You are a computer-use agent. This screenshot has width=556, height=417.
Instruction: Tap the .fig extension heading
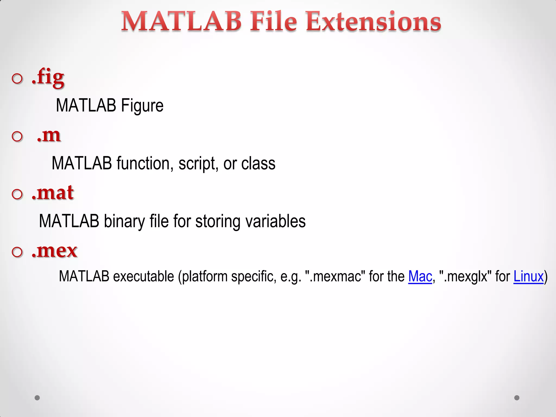tap(48, 77)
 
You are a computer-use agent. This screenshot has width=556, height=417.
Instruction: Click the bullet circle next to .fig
tap(17, 79)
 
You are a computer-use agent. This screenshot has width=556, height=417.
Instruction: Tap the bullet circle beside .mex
tap(17, 252)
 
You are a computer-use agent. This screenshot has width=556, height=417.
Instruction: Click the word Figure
tap(142, 106)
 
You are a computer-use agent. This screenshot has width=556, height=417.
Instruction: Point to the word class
tap(258, 163)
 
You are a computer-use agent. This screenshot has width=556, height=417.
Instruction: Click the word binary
tap(124, 221)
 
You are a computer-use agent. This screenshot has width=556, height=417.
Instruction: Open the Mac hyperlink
tap(420, 277)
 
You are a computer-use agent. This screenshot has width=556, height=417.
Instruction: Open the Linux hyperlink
tap(528, 277)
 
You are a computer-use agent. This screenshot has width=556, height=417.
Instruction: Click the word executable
tap(143, 277)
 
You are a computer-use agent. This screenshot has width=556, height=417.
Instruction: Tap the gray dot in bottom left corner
tap(37, 398)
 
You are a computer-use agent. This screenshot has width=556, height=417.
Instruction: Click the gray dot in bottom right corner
tap(517, 398)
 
